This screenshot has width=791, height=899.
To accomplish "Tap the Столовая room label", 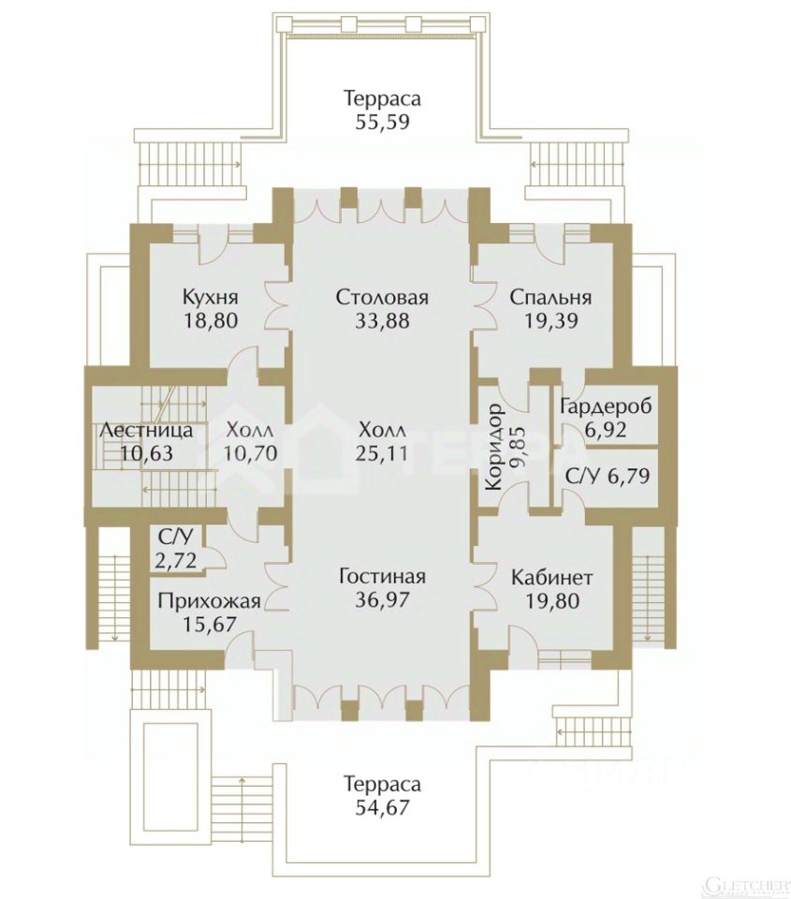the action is [382, 298].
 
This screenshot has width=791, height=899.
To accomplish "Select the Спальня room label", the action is [550, 298].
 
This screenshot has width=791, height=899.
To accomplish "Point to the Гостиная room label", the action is [382, 576].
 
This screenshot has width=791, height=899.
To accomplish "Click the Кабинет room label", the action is [551, 576].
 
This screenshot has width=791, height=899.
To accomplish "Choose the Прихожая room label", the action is [209, 601].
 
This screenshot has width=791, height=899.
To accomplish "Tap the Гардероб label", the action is [605, 407].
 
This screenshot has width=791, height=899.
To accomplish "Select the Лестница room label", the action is [146, 431].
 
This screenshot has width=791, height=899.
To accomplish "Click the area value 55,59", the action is [382, 121].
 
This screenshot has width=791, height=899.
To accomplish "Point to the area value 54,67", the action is [382, 805].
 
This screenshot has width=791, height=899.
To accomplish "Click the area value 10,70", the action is [250, 453].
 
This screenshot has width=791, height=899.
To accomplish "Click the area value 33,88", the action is [382, 320].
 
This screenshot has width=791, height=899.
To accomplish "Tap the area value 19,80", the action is [551, 598].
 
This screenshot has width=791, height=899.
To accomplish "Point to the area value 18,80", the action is [211, 320].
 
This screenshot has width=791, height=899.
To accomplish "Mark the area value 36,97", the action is [382, 598].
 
